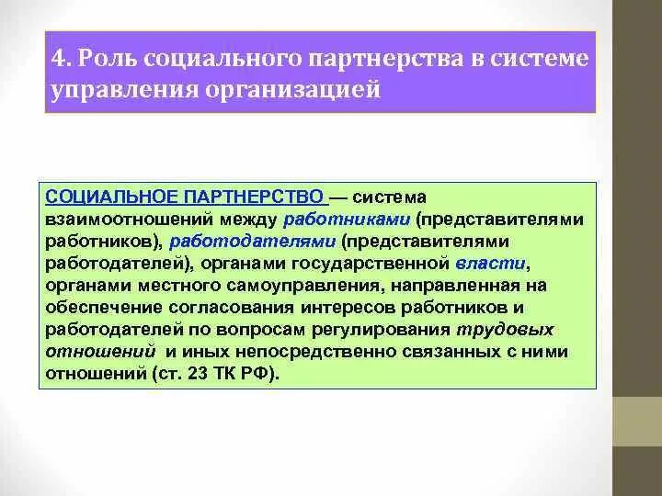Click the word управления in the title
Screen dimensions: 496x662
(x=113, y=91)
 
